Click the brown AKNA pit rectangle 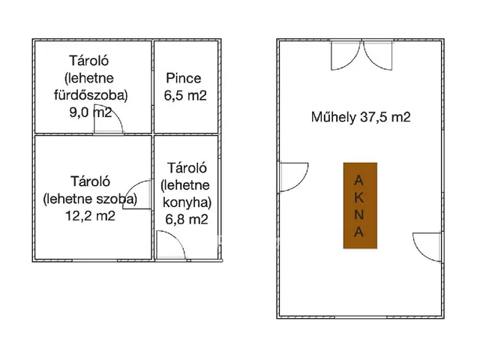(x=360, y=205)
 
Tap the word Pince (x=183, y=78)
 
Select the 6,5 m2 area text (x=185, y=95)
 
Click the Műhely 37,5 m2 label (x=361, y=117)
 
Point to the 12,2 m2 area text (x=90, y=216)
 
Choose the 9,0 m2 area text (x=91, y=112)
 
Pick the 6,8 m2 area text (x=187, y=219)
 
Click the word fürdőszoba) (x=91, y=95)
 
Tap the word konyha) (x=187, y=202)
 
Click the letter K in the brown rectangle (x=358, y=198)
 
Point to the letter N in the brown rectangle (x=358, y=215)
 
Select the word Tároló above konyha (x=187, y=168)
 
